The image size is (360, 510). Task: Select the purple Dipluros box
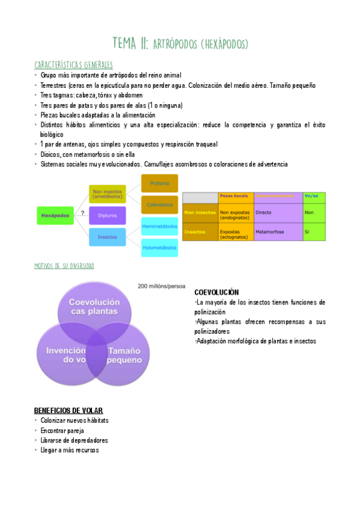tap(107, 215)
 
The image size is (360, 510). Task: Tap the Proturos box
tap(159, 183)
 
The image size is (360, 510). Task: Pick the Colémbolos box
tap(159, 204)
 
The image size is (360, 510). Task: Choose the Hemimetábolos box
tap(159, 226)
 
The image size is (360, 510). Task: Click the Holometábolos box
tap(159, 247)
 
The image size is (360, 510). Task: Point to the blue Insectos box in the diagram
tap(107, 236)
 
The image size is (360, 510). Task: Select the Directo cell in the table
tap(278, 212)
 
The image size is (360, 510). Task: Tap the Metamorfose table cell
tap(278, 231)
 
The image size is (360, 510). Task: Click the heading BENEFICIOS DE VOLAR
tap(69, 410)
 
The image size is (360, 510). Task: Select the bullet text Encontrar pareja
tap(63, 431)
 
